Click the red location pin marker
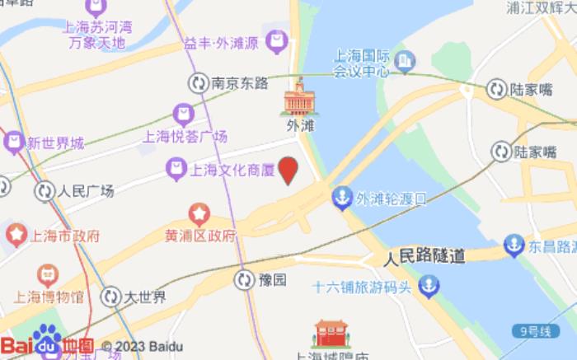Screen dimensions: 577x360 pos(288,171)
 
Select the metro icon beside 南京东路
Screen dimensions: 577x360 pos(198,82)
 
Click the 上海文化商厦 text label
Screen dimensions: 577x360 pos(232,171)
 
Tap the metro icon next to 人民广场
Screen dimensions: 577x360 pos(45,191)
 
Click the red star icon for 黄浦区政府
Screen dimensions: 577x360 pos(199,215)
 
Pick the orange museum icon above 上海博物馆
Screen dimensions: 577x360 pos(48,274)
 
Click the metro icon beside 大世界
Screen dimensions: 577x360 pos(110,297)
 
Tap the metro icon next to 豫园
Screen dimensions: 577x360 pos(244,280)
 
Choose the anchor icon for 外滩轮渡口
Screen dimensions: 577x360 pos(340,198)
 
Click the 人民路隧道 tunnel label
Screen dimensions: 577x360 pos(424,256)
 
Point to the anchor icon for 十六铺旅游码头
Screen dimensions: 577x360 pos(429,288)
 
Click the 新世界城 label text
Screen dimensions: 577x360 pos(54,143)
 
